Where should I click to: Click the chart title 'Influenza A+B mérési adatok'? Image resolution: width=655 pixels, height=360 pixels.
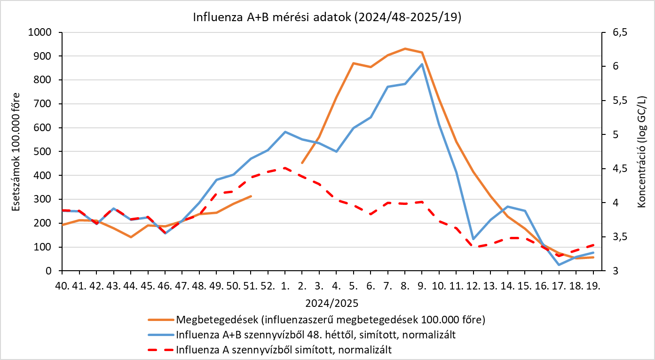pyautogui.click(x=272, y=17)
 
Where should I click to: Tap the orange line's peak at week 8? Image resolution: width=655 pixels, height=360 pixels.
pyautogui.click(x=405, y=48)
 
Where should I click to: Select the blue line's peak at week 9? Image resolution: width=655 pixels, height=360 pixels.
pyautogui.click(x=422, y=64)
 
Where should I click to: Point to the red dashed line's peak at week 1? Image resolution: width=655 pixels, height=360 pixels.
pyautogui.click(x=285, y=168)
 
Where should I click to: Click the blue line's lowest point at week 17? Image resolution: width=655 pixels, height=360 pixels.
pyautogui.click(x=559, y=265)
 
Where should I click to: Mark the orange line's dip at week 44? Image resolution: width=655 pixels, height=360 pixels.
pyautogui.click(x=131, y=237)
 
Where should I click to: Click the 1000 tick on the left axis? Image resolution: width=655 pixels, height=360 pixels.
pyautogui.click(x=40, y=32)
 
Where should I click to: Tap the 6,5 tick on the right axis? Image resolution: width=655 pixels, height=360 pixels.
pyautogui.click(x=620, y=32)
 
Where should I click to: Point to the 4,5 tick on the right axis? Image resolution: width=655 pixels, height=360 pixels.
pyautogui.click(x=620, y=169)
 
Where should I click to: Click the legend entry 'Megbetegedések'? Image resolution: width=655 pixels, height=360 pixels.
pyautogui.click(x=331, y=320)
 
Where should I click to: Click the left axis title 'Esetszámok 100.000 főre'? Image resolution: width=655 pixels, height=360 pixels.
pyautogui.click(x=16, y=152)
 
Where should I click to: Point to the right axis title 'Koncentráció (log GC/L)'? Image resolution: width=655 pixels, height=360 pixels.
pyautogui.click(x=641, y=152)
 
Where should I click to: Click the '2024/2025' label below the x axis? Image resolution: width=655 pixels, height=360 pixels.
pyautogui.click(x=332, y=304)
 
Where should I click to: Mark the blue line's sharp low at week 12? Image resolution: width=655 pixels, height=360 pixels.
pyautogui.click(x=473, y=239)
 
